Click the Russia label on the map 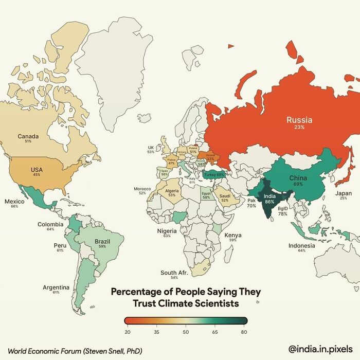pos(299,120)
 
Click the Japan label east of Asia pos(344,193)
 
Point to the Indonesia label pos(301,245)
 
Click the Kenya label pos(233,235)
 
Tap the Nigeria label pos(167,231)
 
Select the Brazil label pos(102,241)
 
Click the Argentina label pos(56,287)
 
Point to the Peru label pos(60,245)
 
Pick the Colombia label pos(50,224)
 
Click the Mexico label pos(14,201)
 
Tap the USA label pos(37,169)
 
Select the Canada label pos(28,136)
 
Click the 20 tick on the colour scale pos(127,332)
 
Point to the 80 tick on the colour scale pos(244,332)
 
